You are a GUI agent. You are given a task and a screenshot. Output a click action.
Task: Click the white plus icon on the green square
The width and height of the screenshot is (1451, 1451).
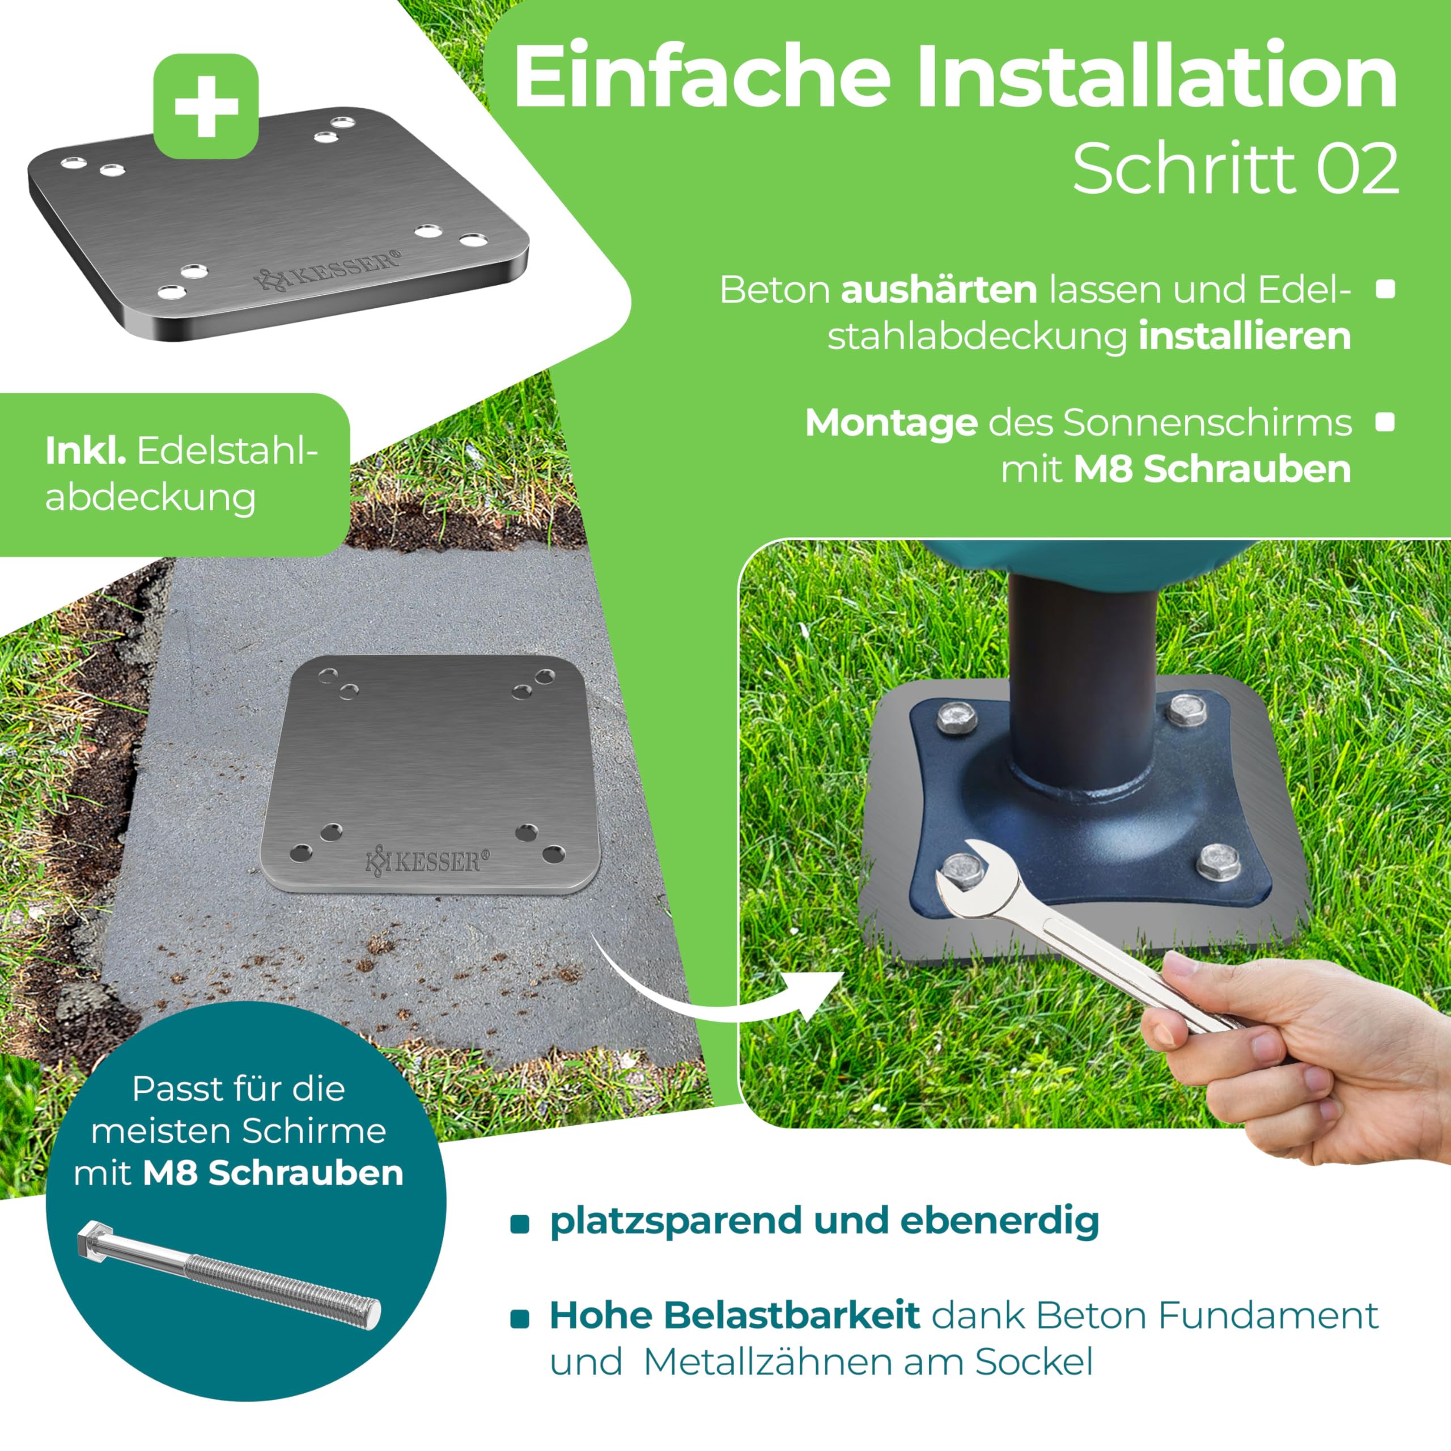(x=206, y=105)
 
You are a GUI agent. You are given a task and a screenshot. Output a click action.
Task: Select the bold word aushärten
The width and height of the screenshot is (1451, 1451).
(x=939, y=290)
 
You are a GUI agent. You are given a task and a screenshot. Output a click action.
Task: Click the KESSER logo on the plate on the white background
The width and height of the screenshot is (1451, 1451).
(x=328, y=270)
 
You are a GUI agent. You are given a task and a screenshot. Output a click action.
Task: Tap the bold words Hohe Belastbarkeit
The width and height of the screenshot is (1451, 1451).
(x=735, y=1315)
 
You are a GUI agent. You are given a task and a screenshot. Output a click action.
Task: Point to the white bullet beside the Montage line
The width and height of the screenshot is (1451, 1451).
(x=1386, y=422)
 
